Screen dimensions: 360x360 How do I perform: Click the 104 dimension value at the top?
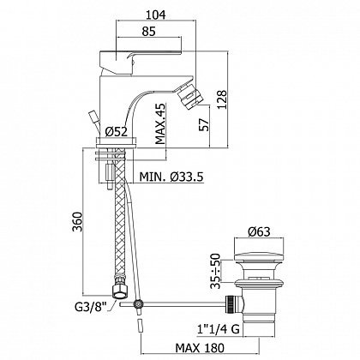156,15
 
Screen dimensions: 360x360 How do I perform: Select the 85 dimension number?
148,31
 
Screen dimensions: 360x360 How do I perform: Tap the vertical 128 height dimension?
222,99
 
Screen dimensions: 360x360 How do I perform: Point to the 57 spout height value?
204,124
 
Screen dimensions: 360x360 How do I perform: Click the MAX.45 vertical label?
160,123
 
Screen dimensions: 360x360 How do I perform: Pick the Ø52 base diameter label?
116,132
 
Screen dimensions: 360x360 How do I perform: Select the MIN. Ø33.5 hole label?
171,177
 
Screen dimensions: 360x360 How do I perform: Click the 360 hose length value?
77,222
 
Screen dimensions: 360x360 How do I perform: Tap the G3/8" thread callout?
90,308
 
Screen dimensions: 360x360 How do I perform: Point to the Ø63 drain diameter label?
259,231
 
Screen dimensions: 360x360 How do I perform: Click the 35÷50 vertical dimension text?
217,271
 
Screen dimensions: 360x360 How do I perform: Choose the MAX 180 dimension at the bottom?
200,348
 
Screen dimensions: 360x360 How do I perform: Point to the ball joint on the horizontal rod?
138,304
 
